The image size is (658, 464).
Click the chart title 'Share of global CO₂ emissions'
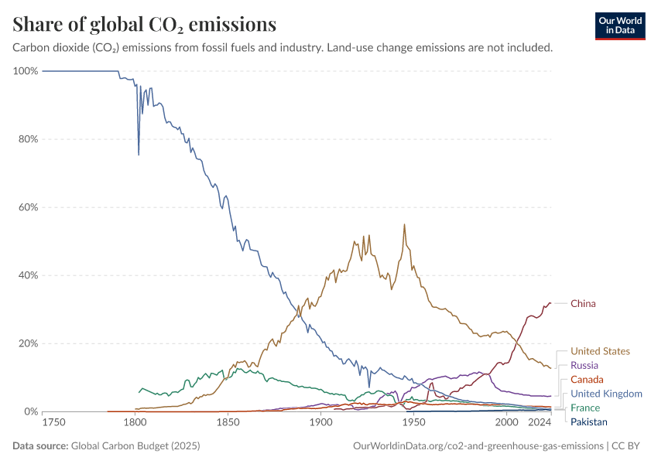[144, 25]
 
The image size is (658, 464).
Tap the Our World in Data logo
[619, 25]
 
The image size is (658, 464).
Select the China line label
[583, 304]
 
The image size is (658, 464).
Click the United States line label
[600, 351]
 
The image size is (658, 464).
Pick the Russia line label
[584, 365]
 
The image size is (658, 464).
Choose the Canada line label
[587, 380]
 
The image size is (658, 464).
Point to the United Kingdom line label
[606, 394]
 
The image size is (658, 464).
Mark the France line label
[585, 408]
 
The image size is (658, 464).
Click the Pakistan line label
[589, 422]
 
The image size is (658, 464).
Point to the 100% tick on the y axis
[26, 71]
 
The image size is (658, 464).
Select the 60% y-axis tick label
[27, 207]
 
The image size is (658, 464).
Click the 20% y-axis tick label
[27, 343]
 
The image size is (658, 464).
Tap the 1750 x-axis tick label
[53, 423]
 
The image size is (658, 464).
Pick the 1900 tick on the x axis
[320, 423]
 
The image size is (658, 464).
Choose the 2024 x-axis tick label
[540, 423]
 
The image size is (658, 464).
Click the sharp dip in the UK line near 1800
[139, 155]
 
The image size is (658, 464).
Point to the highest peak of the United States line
[404, 224]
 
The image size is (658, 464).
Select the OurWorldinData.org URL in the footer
[478, 446]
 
